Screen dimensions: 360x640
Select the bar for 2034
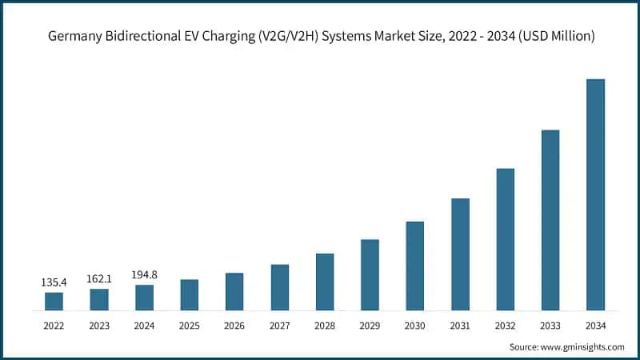595,194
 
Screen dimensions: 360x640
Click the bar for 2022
54,301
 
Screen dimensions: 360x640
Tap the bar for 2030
414,266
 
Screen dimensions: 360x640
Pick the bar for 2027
279,287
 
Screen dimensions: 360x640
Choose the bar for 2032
505,239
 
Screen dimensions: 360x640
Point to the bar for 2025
189,294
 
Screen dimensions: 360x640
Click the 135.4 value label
54,282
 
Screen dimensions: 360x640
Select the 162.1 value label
99,278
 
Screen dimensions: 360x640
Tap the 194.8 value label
144,274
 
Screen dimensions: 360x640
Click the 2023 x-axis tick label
99,325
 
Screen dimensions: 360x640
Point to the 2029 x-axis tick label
370,325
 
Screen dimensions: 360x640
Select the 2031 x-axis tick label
460,325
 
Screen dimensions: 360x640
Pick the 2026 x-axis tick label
234,325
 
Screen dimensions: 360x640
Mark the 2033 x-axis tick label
550,325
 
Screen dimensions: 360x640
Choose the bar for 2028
325,282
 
